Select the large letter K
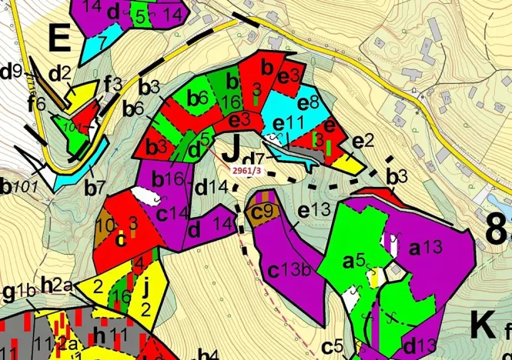[482, 325]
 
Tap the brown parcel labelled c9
[263, 210]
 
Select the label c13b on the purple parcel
[288, 270]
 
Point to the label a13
[423, 248]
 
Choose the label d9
[12, 72]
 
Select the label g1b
[19, 292]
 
